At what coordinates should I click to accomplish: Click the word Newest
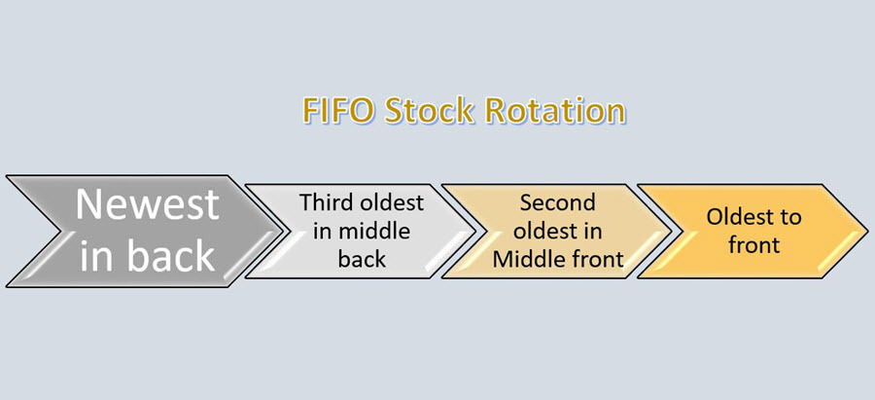pos(148,204)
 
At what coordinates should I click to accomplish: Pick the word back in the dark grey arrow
pos(171,256)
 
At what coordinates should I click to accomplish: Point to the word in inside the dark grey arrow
pos(99,256)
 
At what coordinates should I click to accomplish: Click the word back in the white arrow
pos(362,259)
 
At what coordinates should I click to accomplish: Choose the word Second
pos(557,202)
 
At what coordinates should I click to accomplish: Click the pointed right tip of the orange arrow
pos(868,231)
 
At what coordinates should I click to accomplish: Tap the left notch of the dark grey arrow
pos(54,231)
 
